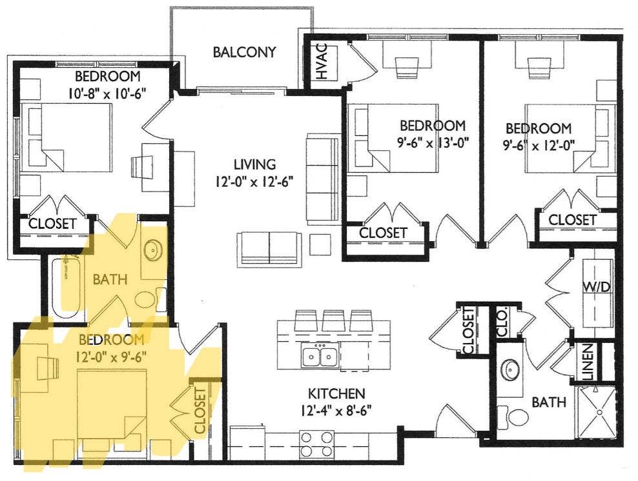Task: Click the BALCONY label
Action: point(244,52)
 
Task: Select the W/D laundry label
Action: point(597,287)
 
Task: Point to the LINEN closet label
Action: point(588,362)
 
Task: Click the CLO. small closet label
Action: point(503,323)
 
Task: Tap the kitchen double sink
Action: point(320,356)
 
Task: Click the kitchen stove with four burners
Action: point(316,444)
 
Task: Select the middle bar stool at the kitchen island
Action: point(334,320)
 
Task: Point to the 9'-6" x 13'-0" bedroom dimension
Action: point(432,142)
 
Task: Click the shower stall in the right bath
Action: point(597,412)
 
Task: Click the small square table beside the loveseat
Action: point(317,244)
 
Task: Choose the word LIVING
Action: point(254,164)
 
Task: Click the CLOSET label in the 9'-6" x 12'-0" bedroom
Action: point(572,220)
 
